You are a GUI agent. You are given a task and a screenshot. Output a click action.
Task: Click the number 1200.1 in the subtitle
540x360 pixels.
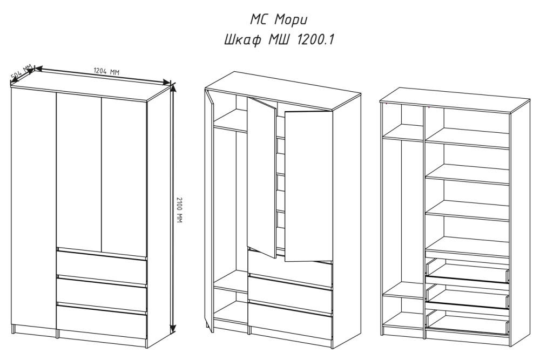[x=315, y=39]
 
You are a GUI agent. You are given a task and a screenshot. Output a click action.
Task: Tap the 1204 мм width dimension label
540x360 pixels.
[x=106, y=71]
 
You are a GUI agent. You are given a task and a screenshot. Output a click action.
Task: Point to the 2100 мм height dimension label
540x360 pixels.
[x=179, y=209]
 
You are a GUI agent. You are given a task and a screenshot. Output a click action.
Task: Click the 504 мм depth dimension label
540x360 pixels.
[x=22, y=71]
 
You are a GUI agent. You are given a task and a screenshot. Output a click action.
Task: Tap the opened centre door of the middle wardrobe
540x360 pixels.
[x=262, y=177]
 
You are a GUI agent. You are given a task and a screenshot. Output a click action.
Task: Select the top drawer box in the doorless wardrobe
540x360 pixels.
[x=468, y=270]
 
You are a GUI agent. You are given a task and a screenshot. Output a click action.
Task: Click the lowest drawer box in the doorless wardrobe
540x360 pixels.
[x=468, y=322]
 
